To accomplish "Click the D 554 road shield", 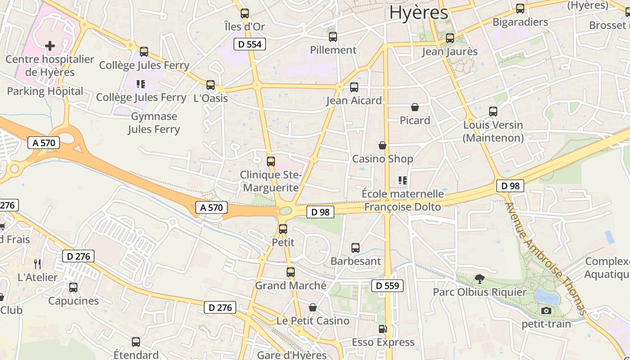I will [250, 44].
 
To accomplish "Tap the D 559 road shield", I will [387, 285].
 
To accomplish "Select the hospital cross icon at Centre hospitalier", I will [50, 45].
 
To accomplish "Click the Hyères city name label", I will [418, 13].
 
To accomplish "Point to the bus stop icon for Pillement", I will [333, 37].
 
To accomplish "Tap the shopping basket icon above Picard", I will [415, 107].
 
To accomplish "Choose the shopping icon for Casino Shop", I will [382, 145].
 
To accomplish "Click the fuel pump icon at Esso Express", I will [382, 329].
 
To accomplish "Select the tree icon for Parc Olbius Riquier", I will [479, 279].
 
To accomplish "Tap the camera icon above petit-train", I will [546, 310].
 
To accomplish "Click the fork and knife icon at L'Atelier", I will [37, 264].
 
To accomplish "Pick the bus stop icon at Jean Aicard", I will [354, 87].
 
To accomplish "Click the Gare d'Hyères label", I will [292, 355].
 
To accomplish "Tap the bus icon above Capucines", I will [73, 287].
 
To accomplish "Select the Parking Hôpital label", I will [45, 91].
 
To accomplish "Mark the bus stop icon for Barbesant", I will [355, 247].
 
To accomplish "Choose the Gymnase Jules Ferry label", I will [154, 123].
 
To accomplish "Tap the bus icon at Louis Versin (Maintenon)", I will [493, 111].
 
